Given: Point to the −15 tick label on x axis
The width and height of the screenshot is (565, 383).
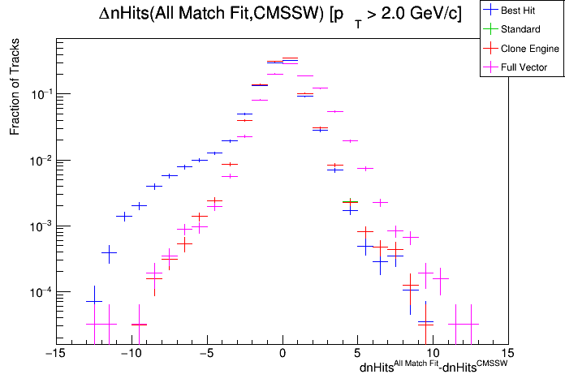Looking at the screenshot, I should [x=54, y=354].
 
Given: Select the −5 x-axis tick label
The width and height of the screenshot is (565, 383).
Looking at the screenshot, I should [x=206, y=354].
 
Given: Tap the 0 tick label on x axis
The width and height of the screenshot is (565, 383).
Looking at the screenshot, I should [x=282, y=354].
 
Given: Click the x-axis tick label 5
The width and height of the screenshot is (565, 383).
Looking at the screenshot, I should [x=358, y=354].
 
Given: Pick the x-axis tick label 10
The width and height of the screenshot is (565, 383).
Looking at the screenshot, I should [x=433, y=354].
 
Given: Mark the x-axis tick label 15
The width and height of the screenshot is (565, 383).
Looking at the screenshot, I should [x=509, y=354].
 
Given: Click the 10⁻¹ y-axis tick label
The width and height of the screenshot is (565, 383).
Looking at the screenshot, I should [x=41, y=94].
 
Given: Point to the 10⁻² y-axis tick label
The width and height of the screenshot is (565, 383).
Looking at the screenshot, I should [x=41, y=160].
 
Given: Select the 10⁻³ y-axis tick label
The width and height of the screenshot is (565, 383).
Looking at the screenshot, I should [x=41, y=226].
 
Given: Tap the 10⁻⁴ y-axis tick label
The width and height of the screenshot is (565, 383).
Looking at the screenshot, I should [x=41, y=291].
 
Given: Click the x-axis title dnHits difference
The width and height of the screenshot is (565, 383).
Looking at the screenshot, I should [x=433, y=368].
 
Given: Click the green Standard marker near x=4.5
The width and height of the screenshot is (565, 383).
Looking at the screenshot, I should [x=350, y=202].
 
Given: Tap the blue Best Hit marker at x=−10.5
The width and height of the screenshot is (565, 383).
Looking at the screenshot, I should [x=123, y=216].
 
